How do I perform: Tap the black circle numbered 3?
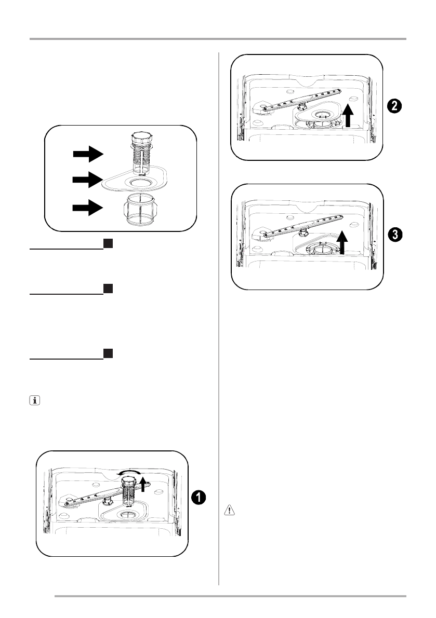tap(395, 235)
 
